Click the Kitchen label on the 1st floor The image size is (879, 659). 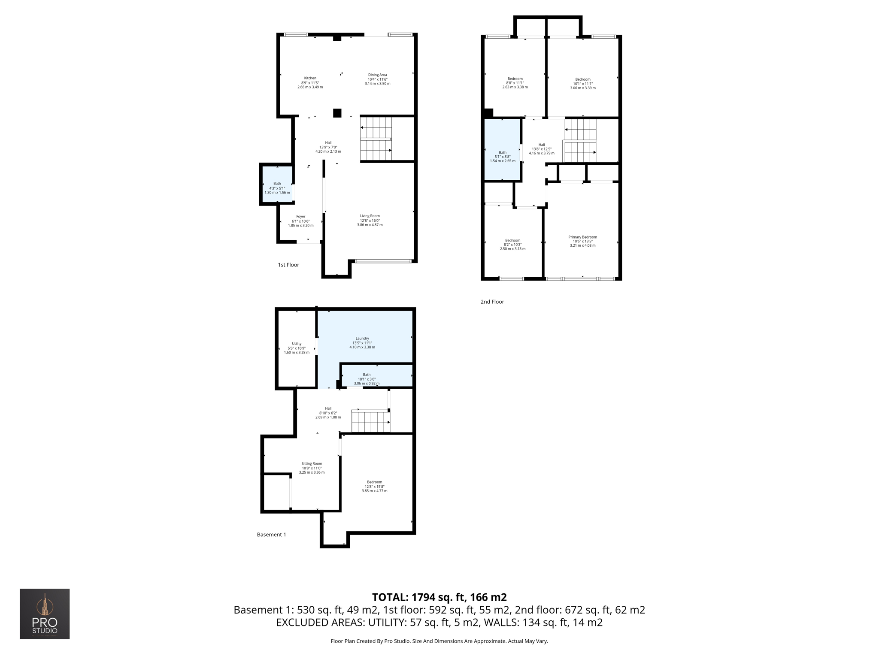[310, 79]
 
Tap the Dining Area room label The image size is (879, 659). [377, 75]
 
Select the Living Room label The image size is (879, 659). [370, 216]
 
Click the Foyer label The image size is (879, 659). [300, 217]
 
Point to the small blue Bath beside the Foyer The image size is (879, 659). [277, 188]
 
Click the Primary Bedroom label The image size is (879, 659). [582, 237]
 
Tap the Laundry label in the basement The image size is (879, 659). [362, 339]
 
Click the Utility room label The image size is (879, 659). [297, 344]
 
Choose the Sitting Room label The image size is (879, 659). [312, 464]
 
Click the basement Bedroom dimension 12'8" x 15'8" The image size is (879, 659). [374, 487]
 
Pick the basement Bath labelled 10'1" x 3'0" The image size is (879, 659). [367, 379]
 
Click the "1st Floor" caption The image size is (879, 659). [288, 265]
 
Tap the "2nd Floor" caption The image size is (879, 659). [492, 302]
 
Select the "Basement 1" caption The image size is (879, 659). [271, 535]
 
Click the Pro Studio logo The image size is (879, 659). [45, 614]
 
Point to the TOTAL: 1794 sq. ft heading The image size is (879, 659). [439, 597]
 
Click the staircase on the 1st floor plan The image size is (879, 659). [376, 139]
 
